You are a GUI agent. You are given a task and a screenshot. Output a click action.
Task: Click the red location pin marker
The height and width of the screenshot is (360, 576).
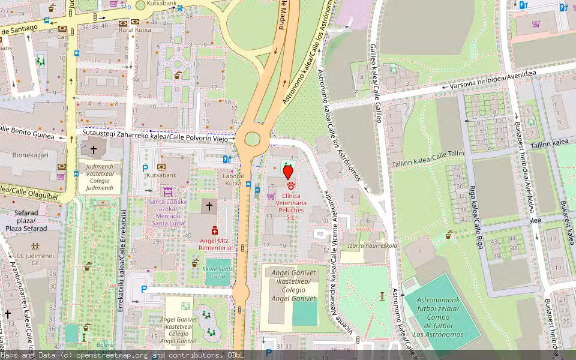tap(288, 172)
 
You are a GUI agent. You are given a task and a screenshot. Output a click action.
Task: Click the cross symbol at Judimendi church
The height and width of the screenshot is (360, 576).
tap(93, 149)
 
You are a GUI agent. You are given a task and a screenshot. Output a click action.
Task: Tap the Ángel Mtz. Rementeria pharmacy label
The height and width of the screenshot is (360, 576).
tap(214, 244)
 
